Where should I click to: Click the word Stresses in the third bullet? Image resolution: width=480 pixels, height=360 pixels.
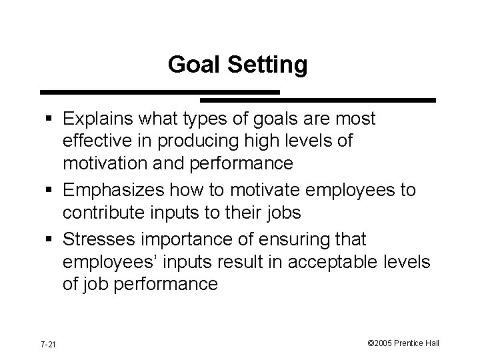[x=101, y=238]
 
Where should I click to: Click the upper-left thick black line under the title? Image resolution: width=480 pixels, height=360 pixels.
[x=160, y=91]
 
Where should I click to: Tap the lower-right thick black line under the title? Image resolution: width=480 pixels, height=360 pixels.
[x=318, y=100]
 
